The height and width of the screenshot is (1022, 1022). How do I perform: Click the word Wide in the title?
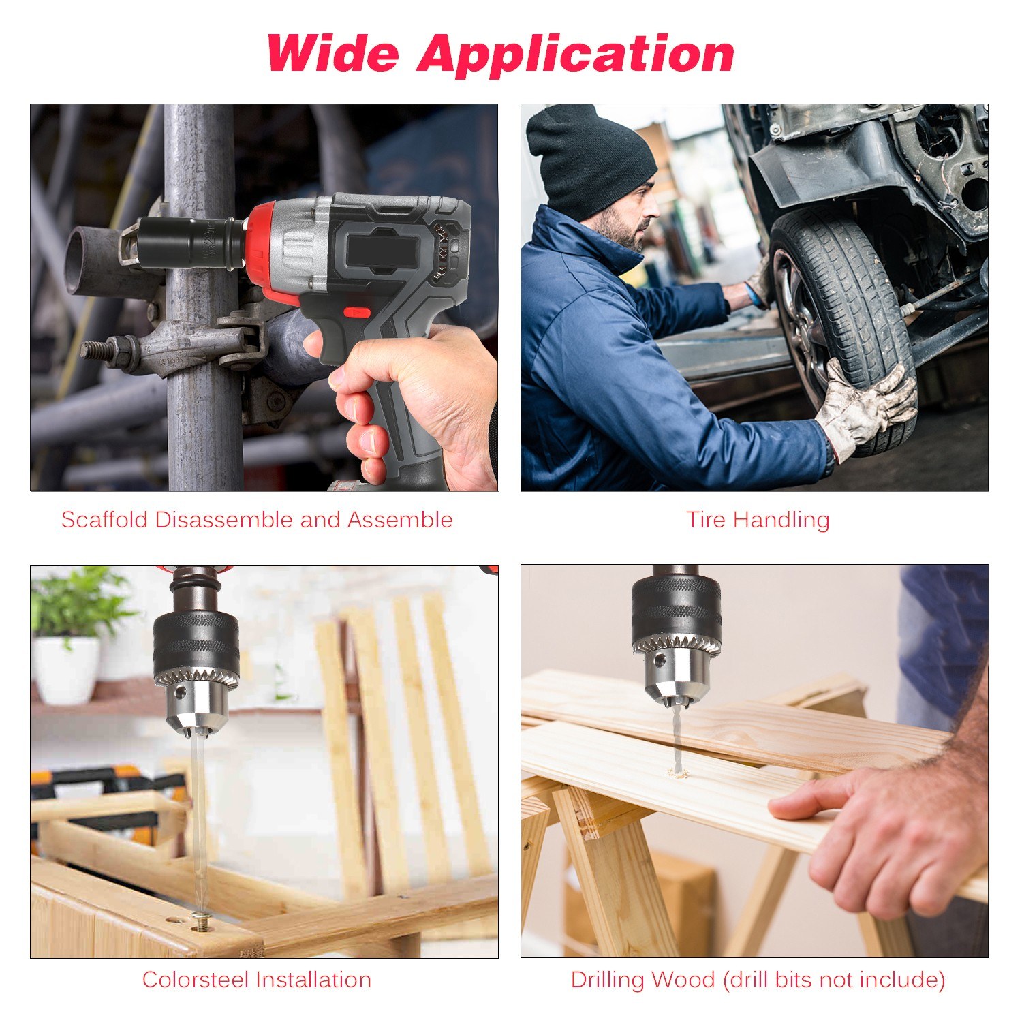332,52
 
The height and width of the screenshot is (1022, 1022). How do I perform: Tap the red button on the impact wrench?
356,313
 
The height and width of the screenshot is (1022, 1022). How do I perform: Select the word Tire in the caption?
705,519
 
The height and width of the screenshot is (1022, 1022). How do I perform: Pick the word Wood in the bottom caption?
682,980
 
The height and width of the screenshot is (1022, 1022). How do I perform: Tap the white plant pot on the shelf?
66,669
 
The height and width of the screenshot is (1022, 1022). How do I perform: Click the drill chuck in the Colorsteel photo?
196,668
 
